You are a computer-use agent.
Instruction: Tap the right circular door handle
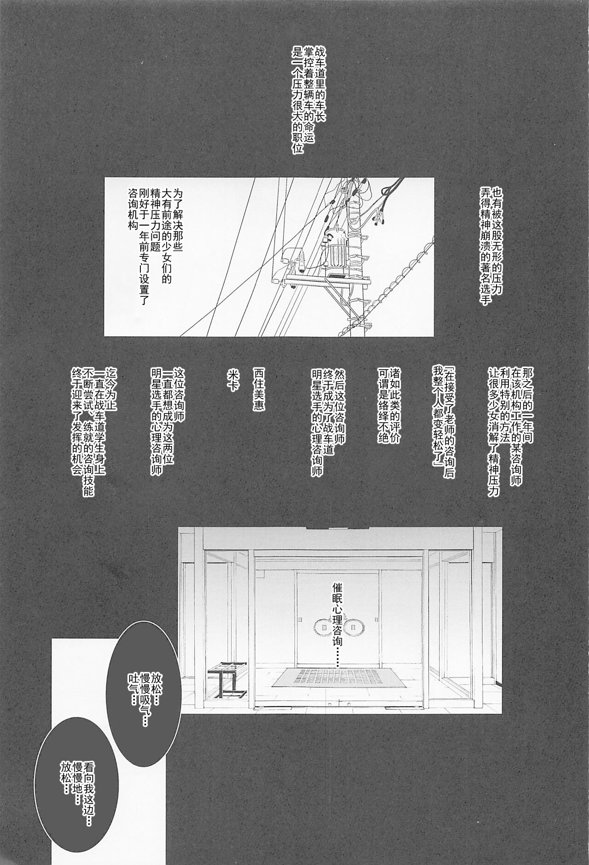[x=355, y=626]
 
